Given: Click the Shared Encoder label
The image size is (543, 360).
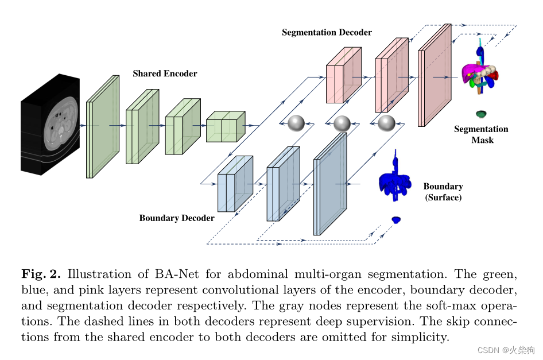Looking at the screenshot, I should tap(165, 73).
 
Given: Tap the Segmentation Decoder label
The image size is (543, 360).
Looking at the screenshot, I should tap(327, 33).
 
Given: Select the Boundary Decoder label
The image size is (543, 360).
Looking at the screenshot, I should tap(177, 218).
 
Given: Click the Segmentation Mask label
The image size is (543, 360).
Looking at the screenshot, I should tap(482, 134).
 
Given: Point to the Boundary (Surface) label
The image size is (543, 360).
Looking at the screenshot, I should tap(443, 192).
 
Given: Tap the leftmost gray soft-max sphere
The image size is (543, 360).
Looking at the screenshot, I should tap(296, 123).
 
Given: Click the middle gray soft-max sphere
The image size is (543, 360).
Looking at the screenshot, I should tap(342, 123).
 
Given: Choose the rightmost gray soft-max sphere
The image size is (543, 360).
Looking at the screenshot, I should tap(386, 123).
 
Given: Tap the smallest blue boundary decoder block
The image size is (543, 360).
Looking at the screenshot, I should tap(235, 184).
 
